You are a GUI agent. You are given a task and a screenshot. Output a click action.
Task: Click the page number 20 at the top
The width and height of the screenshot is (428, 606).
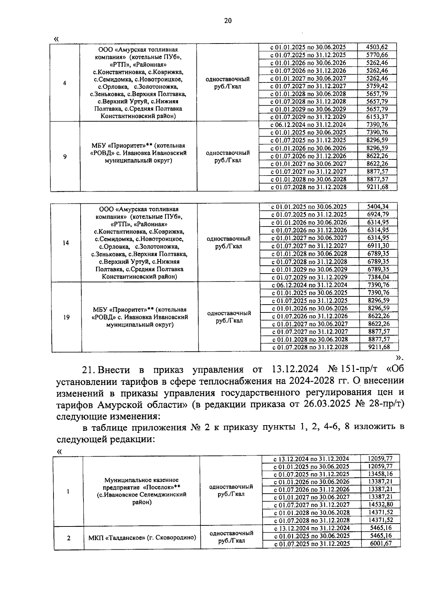tap(228, 21)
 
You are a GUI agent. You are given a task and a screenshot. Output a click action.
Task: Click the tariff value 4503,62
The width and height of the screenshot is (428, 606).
tap(377, 47)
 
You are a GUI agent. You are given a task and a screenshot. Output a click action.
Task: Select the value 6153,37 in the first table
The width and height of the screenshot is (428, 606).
tap(377, 117)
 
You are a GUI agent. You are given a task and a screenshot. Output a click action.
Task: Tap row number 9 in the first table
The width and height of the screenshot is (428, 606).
tap(65, 156)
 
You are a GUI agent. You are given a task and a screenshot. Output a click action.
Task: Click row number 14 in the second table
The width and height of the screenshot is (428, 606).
tap(66, 243)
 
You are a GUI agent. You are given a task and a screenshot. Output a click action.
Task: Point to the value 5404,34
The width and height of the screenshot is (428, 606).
tap(378, 207)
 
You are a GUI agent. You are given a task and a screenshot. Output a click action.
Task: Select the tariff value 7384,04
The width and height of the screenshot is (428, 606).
tap(378, 277)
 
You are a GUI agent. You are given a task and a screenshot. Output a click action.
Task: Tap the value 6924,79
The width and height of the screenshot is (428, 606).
tap(378, 214)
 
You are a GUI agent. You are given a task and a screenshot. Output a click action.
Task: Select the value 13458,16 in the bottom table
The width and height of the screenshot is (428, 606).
tap(380, 474)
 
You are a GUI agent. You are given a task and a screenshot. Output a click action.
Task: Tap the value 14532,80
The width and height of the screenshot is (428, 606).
tap(380, 505)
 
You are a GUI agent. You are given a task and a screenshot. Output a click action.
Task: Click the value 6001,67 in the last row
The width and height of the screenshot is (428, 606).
tap(380, 544)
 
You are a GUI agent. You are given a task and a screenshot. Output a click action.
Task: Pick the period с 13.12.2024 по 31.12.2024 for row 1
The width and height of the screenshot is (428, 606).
tap(311, 459)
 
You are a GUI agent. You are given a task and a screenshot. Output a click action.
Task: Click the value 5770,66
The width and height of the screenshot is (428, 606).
tap(377, 55)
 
